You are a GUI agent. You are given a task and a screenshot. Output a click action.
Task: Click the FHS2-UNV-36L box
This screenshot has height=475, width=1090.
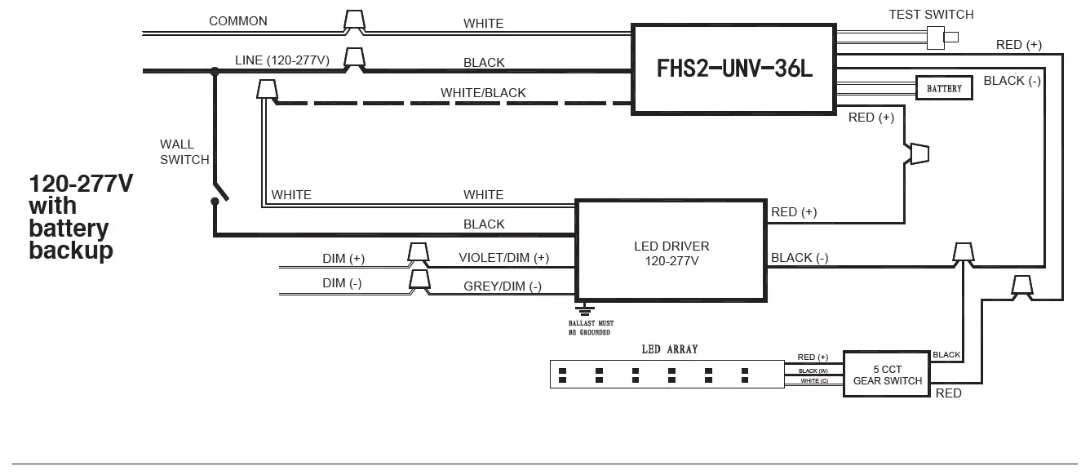click(x=734, y=69)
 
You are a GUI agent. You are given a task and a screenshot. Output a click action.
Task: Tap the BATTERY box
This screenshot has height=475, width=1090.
click(x=944, y=88)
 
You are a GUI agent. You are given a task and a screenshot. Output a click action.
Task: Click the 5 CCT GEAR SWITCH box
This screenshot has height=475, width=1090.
click(x=887, y=375)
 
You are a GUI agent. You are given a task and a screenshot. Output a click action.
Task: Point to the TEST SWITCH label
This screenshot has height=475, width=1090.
click(x=931, y=15)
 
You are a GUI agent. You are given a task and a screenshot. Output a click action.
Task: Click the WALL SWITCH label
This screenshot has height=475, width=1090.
click(x=184, y=152)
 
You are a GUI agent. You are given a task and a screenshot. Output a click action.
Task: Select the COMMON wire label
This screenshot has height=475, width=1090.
click(x=237, y=20)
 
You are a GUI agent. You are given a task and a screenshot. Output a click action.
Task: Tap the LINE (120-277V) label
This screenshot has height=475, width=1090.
click(x=282, y=60)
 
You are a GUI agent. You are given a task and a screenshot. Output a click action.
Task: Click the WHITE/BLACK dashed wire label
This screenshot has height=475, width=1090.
click(x=483, y=93)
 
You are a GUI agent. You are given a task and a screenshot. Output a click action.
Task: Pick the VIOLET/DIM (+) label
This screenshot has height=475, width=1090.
click(x=503, y=258)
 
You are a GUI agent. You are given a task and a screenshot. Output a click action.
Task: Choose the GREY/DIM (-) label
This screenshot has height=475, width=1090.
click(x=502, y=286)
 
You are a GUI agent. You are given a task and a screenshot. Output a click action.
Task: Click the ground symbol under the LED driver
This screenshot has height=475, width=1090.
click(x=585, y=309)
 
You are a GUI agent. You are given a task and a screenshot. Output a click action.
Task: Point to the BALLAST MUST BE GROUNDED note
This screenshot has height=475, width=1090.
click(x=591, y=328)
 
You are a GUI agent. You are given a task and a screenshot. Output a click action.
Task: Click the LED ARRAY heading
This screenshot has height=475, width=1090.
click(x=670, y=349)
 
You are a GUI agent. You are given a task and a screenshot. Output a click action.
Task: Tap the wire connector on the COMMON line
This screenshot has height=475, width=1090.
click(x=353, y=21)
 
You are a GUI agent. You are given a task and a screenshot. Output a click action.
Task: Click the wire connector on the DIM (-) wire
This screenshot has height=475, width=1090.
click(x=419, y=281)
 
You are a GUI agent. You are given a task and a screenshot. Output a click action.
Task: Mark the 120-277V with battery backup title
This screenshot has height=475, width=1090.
click(x=80, y=216)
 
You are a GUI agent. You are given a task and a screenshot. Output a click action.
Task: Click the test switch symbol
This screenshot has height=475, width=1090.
click(x=943, y=37)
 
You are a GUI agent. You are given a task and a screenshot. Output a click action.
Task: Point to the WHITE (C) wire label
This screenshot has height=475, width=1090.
click(x=813, y=381)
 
